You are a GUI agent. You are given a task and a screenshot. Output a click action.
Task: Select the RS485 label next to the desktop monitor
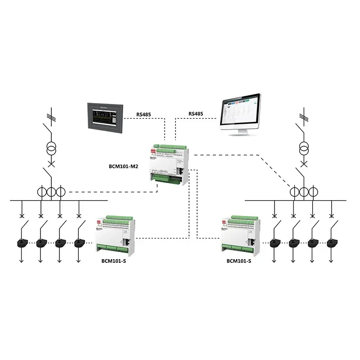[x=195, y=114]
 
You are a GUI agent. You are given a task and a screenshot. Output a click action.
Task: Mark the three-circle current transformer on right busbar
[x=300, y=192]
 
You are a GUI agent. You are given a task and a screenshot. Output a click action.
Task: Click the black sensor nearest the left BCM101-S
[x=81, y=243]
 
